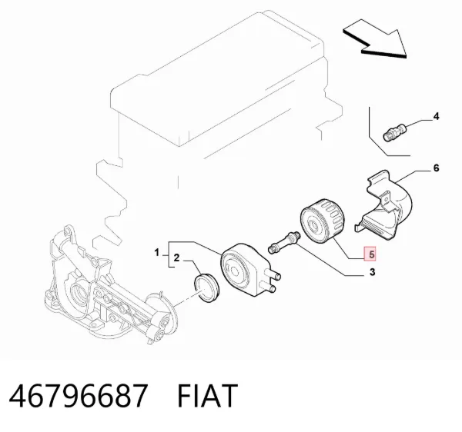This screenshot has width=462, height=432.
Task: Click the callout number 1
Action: click(x=157, y=252)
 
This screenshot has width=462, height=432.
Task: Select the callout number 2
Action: click(x=176, y=258)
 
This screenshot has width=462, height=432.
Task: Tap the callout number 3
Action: click(x=372, y=272)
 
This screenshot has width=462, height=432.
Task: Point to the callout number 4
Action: click(x=436, y=116)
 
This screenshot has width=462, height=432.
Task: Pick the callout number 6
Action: click(x=436, y=168)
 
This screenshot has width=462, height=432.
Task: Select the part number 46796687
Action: click(x=78, y=396)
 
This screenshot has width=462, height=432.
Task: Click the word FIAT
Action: click(x=207, y=396)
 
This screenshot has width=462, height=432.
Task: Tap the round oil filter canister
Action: click(x=322, y=221)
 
